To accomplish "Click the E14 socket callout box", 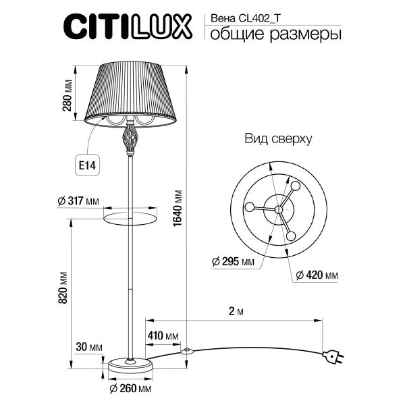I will [x=86, y=164].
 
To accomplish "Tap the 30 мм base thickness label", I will [x=89, y=347].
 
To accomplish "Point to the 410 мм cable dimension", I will [x=162, y=335].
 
